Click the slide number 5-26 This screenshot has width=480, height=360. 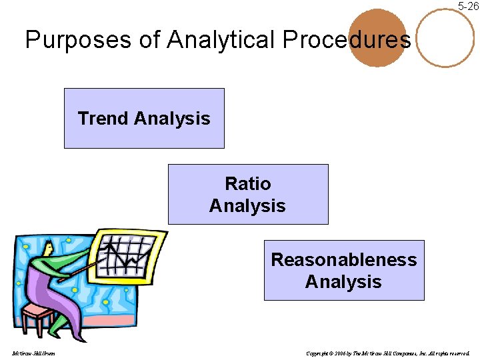(x=467, y=6)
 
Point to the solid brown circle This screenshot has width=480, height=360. (x=377, y=38)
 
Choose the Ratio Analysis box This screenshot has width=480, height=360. (x=248, y=194)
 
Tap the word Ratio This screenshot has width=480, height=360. (x=248, y=183)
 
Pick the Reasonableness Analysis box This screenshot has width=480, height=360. (x=344, y=270)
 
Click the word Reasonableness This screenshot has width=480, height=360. (x=344, y=259)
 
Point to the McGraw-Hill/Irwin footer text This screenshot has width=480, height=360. (x=33, y=353)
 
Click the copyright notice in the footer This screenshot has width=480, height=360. (x=387, y=353)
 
